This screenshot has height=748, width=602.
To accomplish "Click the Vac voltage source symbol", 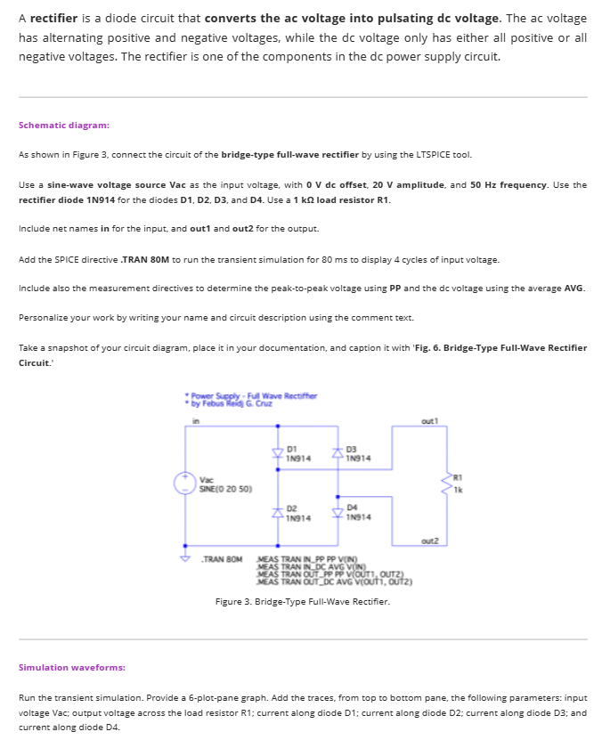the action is (x=185, y=484).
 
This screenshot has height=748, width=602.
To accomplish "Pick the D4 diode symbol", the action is (x=338, y=513).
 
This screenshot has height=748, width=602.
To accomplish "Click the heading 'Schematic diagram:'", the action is (x=64, y=126).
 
